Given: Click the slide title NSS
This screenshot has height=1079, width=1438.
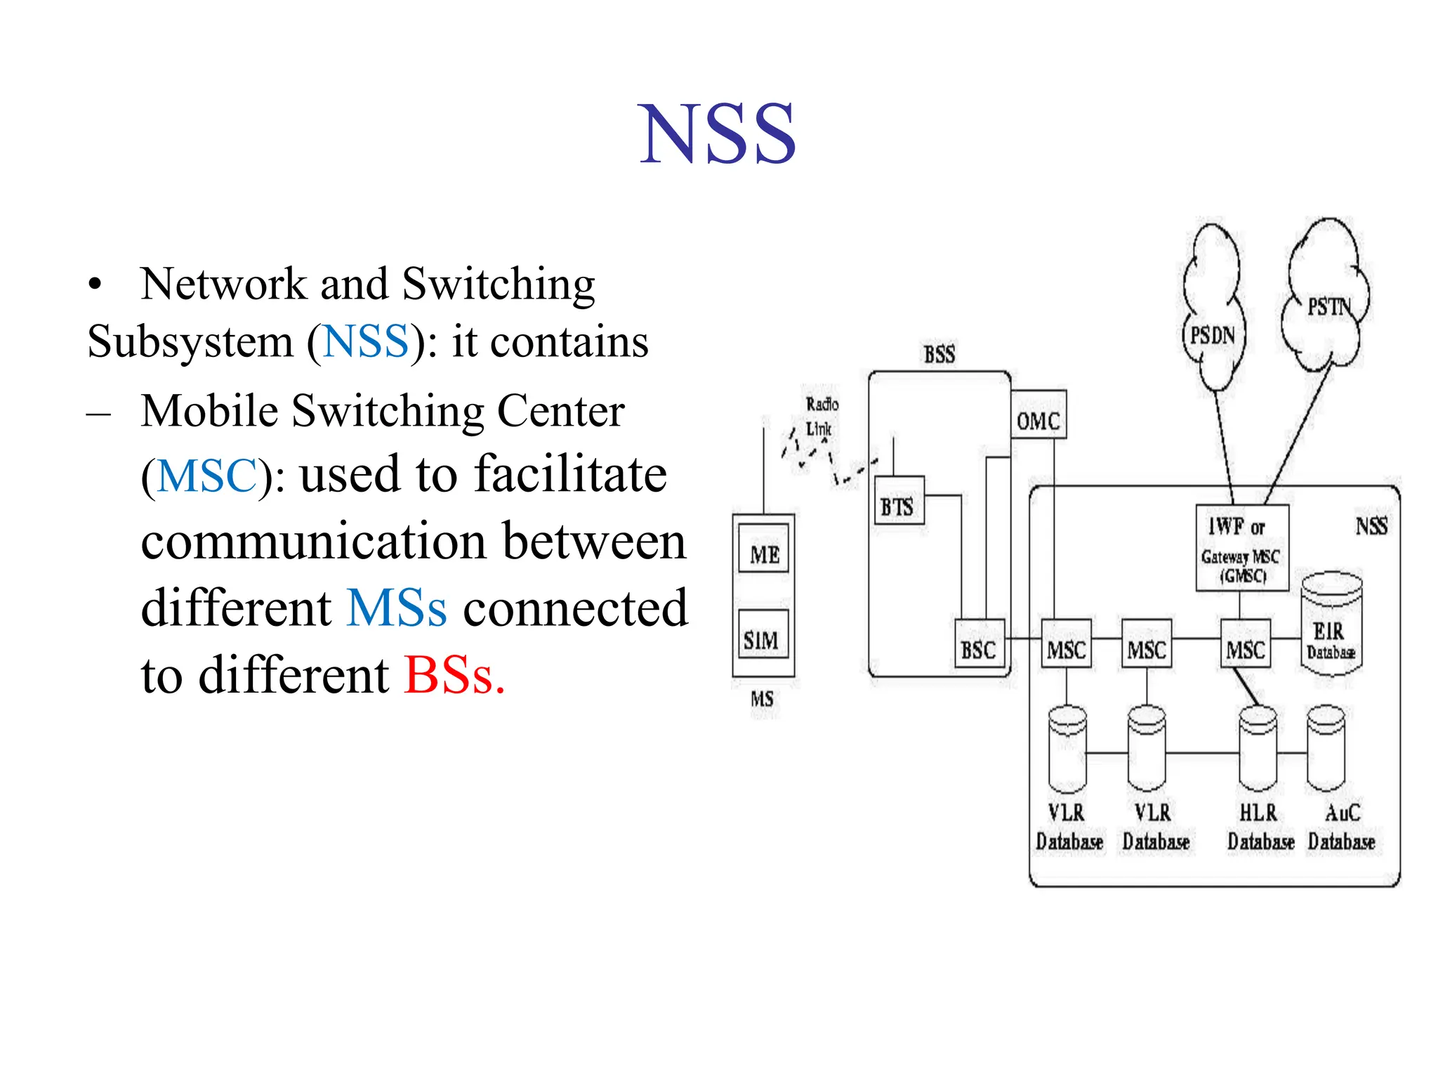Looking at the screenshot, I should point(717,133).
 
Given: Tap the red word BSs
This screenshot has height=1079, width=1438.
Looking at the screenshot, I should point(454,675).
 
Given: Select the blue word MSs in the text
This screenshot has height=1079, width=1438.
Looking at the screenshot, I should point(397,608).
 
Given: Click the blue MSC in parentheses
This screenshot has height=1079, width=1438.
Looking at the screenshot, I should point(207,476).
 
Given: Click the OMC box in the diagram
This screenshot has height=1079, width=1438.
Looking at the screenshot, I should point(1038,421).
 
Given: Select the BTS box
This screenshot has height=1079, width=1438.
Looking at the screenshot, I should point(898,506).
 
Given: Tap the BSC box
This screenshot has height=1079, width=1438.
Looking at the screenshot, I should point(979,649).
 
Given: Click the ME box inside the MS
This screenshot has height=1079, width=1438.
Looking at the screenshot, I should point(764,554).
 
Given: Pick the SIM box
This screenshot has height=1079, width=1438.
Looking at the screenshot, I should point(762,639).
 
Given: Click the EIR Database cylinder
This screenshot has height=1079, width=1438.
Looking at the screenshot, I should point(1331,625).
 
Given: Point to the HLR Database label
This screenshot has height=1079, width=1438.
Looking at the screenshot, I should point(1260,827).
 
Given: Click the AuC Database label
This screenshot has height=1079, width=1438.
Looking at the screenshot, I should point(1341,827).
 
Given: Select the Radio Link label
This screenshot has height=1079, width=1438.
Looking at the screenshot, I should point(820,416).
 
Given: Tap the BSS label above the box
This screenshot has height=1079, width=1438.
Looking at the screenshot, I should point(939,354).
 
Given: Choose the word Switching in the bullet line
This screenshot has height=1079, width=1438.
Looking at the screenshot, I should point(499,284).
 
